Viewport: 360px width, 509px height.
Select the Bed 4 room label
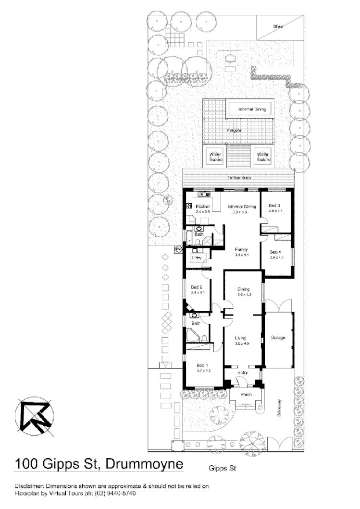coord(275,253)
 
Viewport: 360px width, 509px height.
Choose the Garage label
coord(278,338)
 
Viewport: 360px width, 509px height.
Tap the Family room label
coord(241,250)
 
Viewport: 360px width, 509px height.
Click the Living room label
coord(241,338)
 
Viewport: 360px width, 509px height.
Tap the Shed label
coord(278,27)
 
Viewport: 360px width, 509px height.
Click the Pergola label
coord(234,130)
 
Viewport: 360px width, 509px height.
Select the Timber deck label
coord(239,178)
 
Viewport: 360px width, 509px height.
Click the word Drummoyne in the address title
coord(144,464)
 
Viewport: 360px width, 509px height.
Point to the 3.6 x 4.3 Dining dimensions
coord(244,295)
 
